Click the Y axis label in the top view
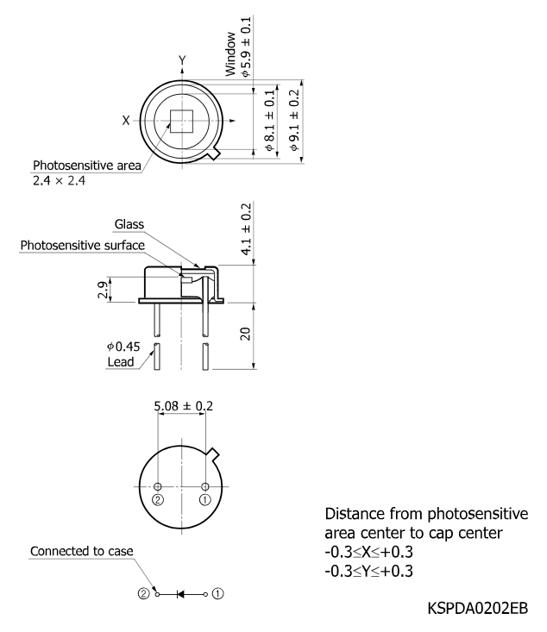click(182, 60)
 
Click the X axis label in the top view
click(126, 120)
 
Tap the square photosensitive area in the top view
click(182, 121)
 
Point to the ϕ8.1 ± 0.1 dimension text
click(269, 121)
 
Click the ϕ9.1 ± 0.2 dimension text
click(295, 121)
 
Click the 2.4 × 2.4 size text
click(59, 180)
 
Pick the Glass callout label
click(129, 223)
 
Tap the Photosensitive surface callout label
click(82, 245)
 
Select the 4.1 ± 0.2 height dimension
click(246, 229)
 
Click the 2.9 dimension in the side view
click(103, 290)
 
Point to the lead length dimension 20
click(245, 334)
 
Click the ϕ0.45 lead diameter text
click(123, 347)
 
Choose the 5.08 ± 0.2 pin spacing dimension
click(184, 405)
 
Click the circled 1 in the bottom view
click(205, 500)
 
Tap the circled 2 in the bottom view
click(158, 500)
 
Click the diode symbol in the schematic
click(180, 594)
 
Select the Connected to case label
click(81, 551)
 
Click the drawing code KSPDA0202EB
click(478, 608)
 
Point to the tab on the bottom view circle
click(213, 454)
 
